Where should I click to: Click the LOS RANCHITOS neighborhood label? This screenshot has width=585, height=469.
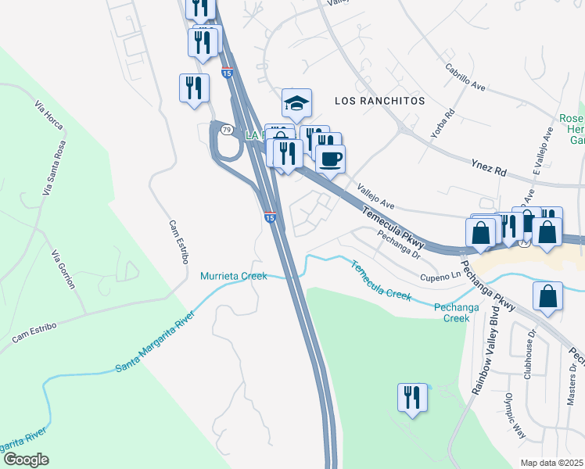coord(379,102)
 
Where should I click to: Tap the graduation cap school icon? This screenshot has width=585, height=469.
coord(296,103)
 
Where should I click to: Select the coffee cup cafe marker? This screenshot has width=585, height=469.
coord(330,159)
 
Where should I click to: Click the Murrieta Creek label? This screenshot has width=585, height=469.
coord(234,276)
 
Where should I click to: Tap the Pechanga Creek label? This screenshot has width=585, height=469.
coord(457,313)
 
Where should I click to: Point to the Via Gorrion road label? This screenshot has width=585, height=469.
coord(64,270)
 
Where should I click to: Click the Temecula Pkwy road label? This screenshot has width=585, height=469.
coord(393,223)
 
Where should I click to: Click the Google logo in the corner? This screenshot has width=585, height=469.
coord(25,460)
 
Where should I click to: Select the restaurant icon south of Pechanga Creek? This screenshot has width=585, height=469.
coord(411,398)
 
